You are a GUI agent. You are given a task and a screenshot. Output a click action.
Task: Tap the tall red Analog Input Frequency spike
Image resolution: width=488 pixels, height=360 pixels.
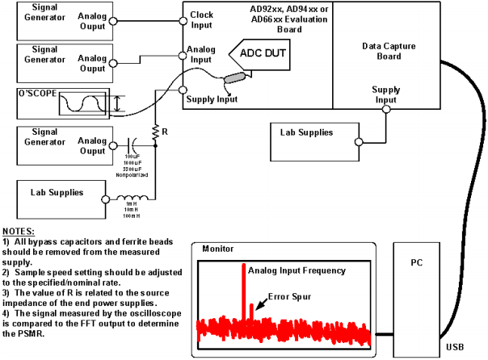[242, 291]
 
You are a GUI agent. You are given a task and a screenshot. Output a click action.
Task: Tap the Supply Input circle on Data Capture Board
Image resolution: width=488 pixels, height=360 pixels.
[387, 107]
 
